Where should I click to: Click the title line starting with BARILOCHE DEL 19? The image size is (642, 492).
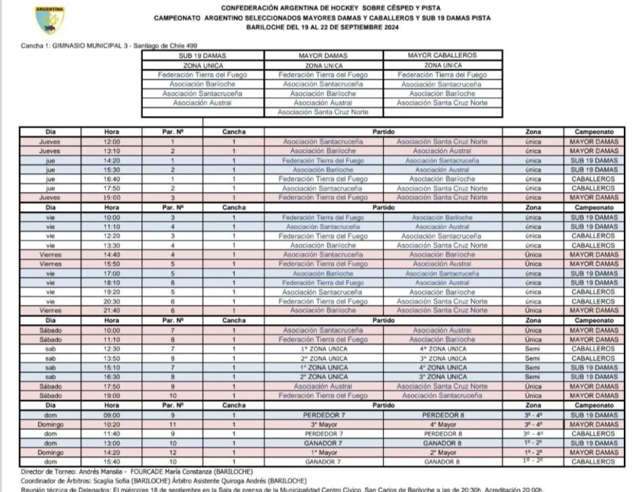click(322, 28)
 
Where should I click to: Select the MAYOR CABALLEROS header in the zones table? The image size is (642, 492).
click(442, 56)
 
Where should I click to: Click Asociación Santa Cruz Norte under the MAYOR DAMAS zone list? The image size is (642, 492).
click(323, 112)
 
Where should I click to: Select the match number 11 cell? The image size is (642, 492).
click(172, 424)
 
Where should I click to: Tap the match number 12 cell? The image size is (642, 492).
click(172, 453)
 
